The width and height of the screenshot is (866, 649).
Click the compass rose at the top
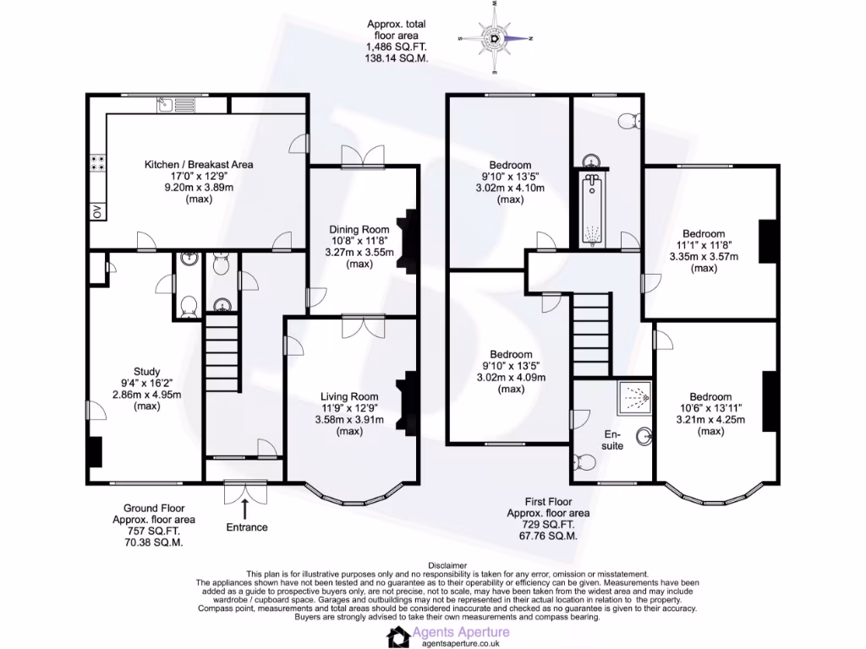click(496, 38)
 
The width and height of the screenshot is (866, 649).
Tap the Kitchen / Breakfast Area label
click(199, 164)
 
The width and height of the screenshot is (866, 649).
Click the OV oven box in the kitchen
click(96, 212)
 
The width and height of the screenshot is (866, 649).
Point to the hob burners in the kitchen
click(97, 163)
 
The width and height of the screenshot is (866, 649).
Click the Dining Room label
click(359, 229)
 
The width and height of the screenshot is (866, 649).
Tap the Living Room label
click(348, 396)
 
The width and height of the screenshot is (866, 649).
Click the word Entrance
click(246, 527)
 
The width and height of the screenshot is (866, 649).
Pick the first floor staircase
click(591, 325)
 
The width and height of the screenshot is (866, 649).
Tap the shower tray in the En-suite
click(635, 394)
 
